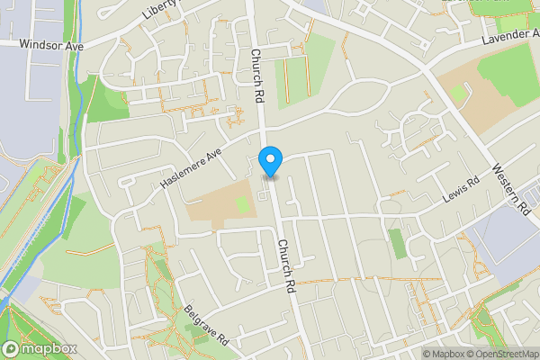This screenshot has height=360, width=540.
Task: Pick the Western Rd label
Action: (510, 189)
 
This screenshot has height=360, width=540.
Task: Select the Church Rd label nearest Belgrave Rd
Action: (287, 266)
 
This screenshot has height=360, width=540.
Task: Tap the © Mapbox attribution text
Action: (444, 354)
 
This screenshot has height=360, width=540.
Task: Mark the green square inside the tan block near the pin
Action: (242, 205)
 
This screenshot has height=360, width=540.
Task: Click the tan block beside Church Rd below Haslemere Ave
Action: (216, 207)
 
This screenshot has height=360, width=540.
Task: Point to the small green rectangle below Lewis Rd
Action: (397, 243)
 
